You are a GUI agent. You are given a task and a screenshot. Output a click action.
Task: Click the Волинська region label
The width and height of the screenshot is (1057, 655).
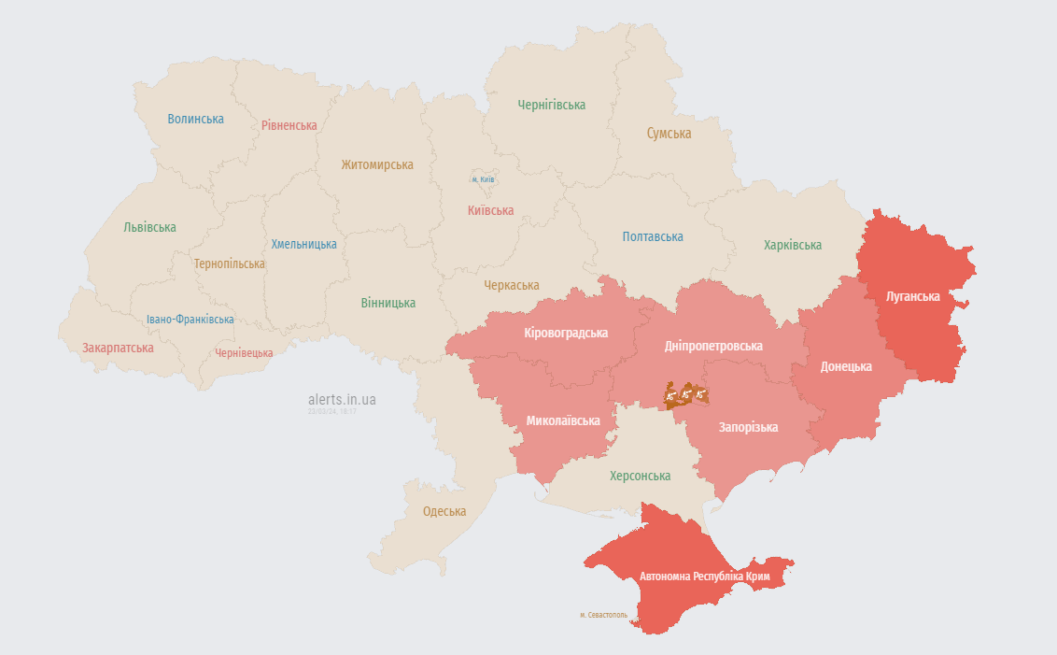[x=196, y=119]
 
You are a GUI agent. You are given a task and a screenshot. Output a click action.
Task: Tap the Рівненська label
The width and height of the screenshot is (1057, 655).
[x=289, y=125]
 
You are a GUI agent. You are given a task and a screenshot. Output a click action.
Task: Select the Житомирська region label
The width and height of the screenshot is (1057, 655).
[x=377, y=164]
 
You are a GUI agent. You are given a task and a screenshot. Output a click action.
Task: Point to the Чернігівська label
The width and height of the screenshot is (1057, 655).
[x=552, y=106]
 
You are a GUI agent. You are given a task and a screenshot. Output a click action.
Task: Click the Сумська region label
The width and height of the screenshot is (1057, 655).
[x=669, y=134]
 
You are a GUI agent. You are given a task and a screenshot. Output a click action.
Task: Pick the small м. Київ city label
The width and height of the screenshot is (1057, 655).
[x=483, y=178]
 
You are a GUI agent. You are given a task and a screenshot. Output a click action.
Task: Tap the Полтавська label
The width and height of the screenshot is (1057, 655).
[x=653, y=237]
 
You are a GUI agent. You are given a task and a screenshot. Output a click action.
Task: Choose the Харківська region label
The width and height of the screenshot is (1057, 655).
[x=793, y=245]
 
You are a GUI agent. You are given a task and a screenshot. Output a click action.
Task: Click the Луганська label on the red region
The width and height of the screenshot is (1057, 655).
[x=913, y=296]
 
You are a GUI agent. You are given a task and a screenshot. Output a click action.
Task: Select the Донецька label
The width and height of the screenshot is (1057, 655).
[x=846, y=366]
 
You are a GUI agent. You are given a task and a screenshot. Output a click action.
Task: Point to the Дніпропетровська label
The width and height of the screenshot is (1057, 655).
[x=713, y=346]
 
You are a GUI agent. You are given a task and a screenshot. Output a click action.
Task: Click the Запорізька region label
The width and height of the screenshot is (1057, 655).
[x=748, y=427]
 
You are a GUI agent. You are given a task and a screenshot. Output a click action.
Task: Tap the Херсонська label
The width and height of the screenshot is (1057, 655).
[x=640, y=476]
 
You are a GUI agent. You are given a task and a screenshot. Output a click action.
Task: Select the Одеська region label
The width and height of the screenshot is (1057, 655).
[x=444, y=511]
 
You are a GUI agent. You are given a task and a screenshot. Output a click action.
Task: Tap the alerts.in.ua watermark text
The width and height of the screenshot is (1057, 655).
[x=343, y=399]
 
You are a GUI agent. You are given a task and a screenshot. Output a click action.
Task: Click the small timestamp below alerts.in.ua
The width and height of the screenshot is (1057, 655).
[x=332, y=411]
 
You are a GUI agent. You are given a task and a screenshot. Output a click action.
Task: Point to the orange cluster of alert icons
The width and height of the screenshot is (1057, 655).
[x=686, y=394]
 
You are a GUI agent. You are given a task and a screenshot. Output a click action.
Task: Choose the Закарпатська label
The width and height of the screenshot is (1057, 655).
[x=118, y=348]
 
